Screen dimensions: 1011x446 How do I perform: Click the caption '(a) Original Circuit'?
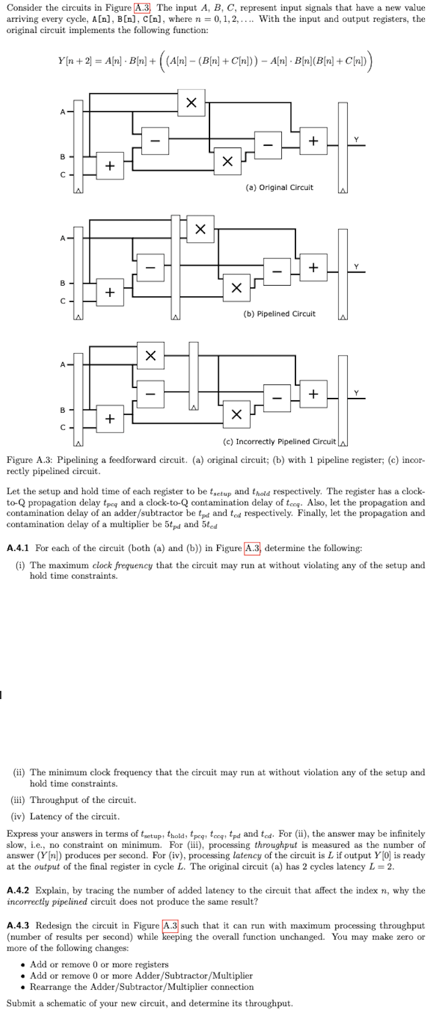[279, 188]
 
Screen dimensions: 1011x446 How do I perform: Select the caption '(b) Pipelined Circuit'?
[279, 314]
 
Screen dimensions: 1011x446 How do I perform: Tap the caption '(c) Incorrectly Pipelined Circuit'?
[279, 441]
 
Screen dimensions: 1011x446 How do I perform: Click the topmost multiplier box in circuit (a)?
[191, 103]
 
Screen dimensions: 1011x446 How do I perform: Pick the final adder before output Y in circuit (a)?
[314, 141]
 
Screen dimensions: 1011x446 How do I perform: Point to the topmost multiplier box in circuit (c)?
[151, 355]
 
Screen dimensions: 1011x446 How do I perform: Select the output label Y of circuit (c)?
[356, 392]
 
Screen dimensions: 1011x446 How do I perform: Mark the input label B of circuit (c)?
[62, 410]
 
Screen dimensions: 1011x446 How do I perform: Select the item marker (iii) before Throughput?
[18, 800]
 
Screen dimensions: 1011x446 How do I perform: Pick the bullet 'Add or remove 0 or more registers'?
[99, 965]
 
